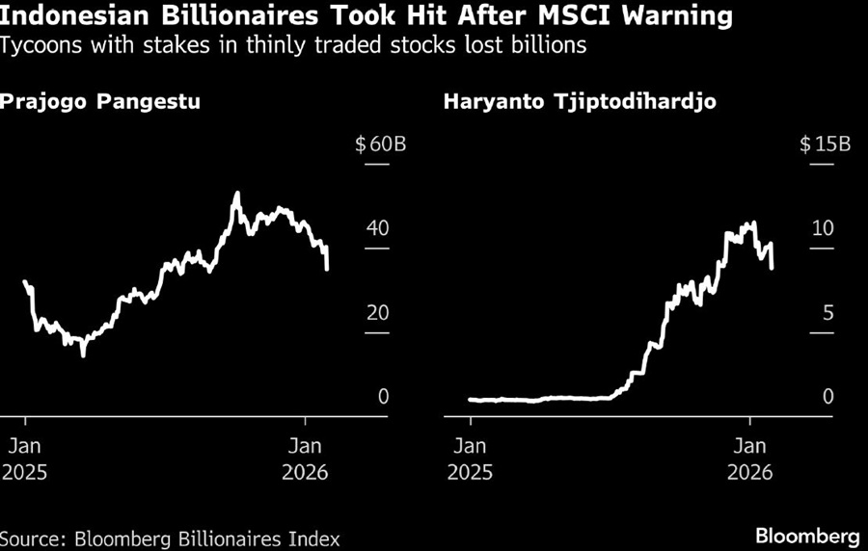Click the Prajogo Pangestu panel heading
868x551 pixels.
point(100,101)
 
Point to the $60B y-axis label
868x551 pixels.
point(380,145)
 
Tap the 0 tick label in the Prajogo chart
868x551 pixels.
point(383,397)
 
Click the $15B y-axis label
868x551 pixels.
point(825,145)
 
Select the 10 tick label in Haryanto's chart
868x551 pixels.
point(822,229)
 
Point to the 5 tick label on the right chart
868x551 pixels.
point(827,313)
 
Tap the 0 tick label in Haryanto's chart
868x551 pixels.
point(827,397)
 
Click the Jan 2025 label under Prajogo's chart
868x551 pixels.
point(26,459)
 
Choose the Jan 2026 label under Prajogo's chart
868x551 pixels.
point(304,459)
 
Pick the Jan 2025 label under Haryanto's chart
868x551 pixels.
point(470,459)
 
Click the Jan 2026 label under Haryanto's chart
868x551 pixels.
point(749,459)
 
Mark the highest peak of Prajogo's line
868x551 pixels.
point(237,194)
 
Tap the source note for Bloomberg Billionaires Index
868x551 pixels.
point(170,538)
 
